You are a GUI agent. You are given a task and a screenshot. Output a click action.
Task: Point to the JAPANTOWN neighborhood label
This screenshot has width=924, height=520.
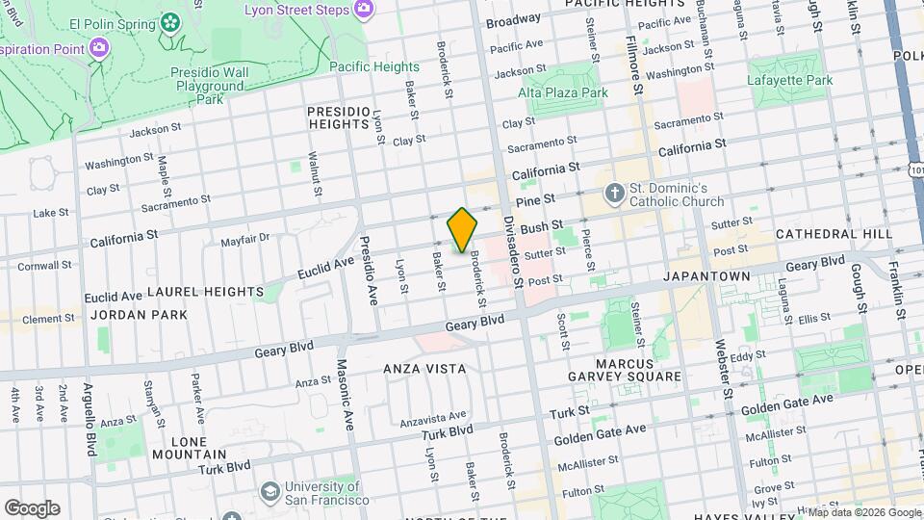(x=706, y=275)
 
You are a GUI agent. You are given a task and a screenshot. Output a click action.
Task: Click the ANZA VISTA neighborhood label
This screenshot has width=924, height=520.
(x=424, y=369)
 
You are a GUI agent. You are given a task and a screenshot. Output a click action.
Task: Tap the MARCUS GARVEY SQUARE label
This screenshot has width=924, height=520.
(x=638, y=370)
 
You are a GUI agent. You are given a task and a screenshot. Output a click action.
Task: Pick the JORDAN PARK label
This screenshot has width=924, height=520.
(x=125, y=315)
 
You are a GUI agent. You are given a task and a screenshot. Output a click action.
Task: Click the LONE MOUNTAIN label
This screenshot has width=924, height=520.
(x=189, y=448)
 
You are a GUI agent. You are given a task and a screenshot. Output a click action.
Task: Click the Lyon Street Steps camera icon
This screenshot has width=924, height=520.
(x=364, y=9)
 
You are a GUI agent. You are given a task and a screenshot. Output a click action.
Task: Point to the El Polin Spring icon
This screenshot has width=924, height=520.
(x=170, y=20)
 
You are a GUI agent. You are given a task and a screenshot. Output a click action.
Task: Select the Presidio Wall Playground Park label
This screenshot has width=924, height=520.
(x=208, y=86)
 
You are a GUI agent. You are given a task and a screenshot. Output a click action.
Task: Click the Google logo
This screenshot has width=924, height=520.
(x=32, y=508)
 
